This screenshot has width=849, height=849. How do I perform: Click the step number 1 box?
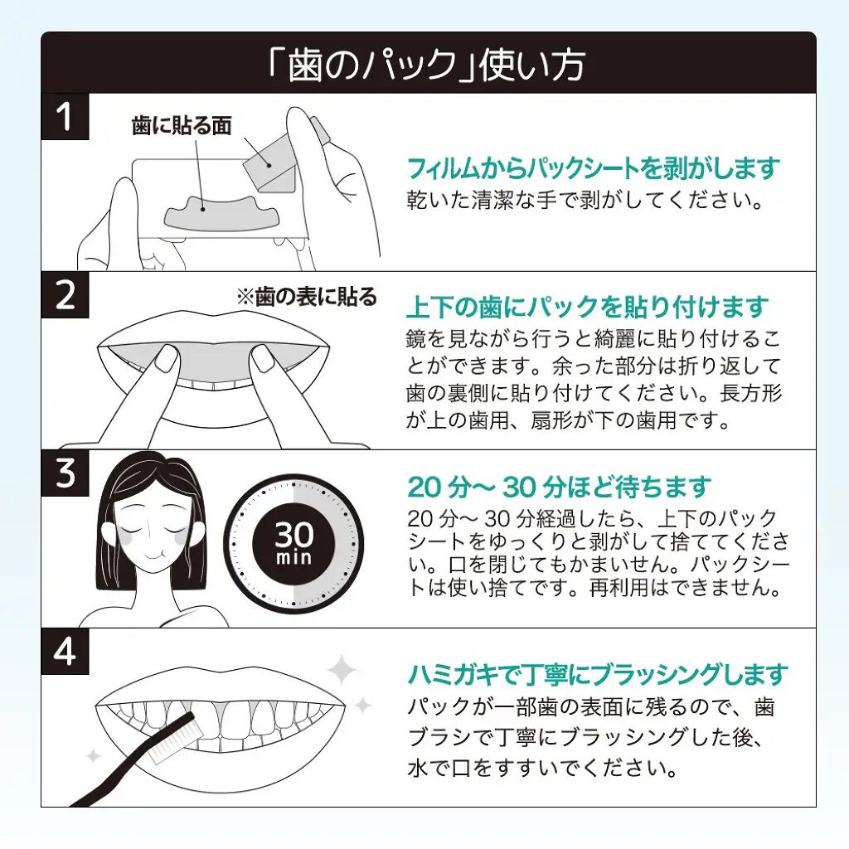click(x=65, y=116)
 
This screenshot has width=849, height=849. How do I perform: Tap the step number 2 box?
click(x=65, y=295)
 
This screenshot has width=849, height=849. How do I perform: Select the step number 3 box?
click(x=65, y=473)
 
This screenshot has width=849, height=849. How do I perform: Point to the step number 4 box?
click(x=65, y=652)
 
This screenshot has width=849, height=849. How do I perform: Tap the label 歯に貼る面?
click(x=182, y=125)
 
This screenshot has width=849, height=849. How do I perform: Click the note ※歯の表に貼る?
click(x=307, y=297)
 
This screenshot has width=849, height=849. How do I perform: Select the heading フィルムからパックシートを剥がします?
click(x=593, y=167)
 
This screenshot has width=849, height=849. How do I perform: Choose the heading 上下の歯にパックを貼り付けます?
click(x=588, y=307)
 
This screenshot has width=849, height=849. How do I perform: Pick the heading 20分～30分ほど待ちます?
click(x=559, y=486)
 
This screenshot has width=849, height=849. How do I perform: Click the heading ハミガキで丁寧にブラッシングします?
click(x=597, y=674)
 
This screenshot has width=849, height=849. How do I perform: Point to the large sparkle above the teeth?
click(x=341, y=670)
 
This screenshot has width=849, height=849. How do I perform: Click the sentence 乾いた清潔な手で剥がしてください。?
click(x=585, y=201)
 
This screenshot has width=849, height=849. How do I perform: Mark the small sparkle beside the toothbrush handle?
click(x=95, y=756)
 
